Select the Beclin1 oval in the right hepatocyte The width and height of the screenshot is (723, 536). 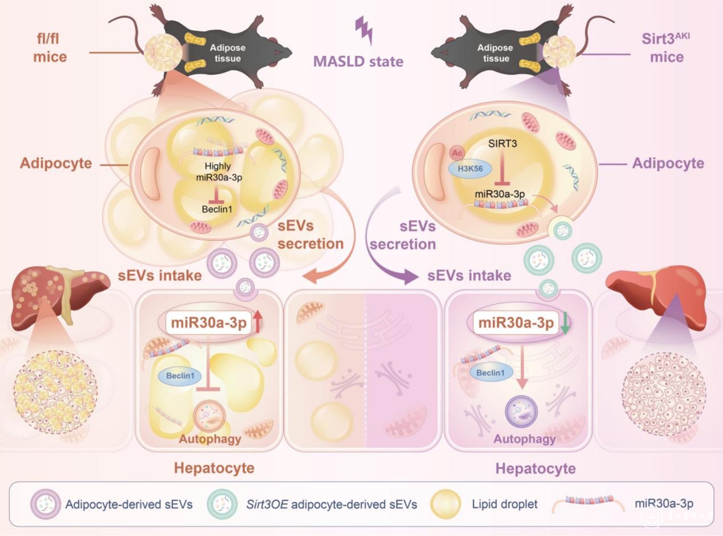pos(487,373)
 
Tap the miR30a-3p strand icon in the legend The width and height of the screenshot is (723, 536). pos(587,501)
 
